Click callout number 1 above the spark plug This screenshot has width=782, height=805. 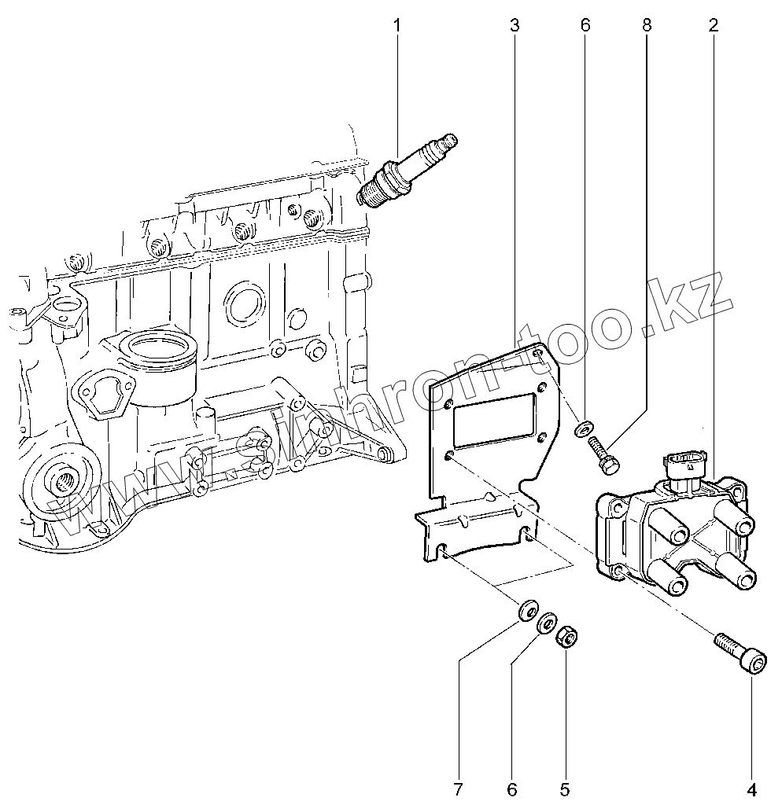click(x=397, y=26)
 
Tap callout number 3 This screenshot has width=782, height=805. click(x=515, y=26)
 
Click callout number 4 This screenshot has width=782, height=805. click(x=751, y=788)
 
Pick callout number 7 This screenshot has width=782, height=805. click(x=459, y=788)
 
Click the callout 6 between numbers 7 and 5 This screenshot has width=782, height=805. click(x=512, y=788)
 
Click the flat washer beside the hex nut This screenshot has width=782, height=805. click(x=546, y=625)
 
